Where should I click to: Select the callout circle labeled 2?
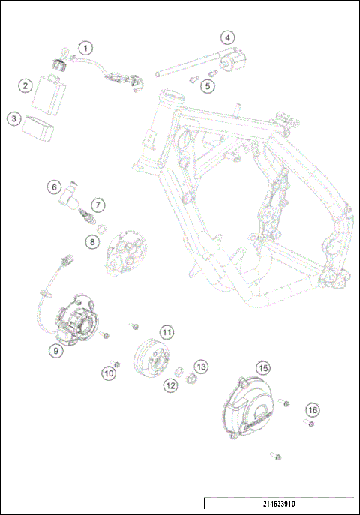[x=25, y=86]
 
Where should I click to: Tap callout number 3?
[x=13, y=118]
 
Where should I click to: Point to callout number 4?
[x=227, y=37]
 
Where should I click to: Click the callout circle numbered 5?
[x=208, y=85]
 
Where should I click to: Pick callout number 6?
[x=54, y=187]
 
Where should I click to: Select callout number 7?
[x=97, y=205]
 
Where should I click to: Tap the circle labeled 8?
[x=91, y=241]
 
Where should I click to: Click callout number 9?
[x=56, y=349]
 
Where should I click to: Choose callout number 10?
[x=109, y=372]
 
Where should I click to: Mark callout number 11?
[x=166, y=331]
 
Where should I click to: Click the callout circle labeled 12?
[x=171, y=385]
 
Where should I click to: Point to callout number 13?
[x=201, y=366]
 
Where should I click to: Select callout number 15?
[x=262, y=367]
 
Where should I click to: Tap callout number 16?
[x=312, y=409]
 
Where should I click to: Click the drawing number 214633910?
[x=277, y=503]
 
